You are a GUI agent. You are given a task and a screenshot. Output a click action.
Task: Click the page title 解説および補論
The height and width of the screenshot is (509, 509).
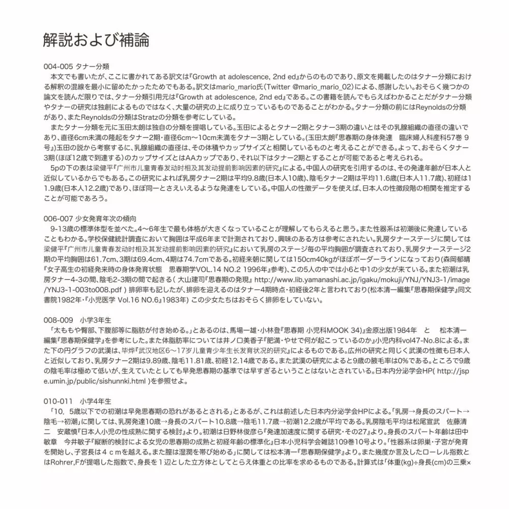tap(96, 40)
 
